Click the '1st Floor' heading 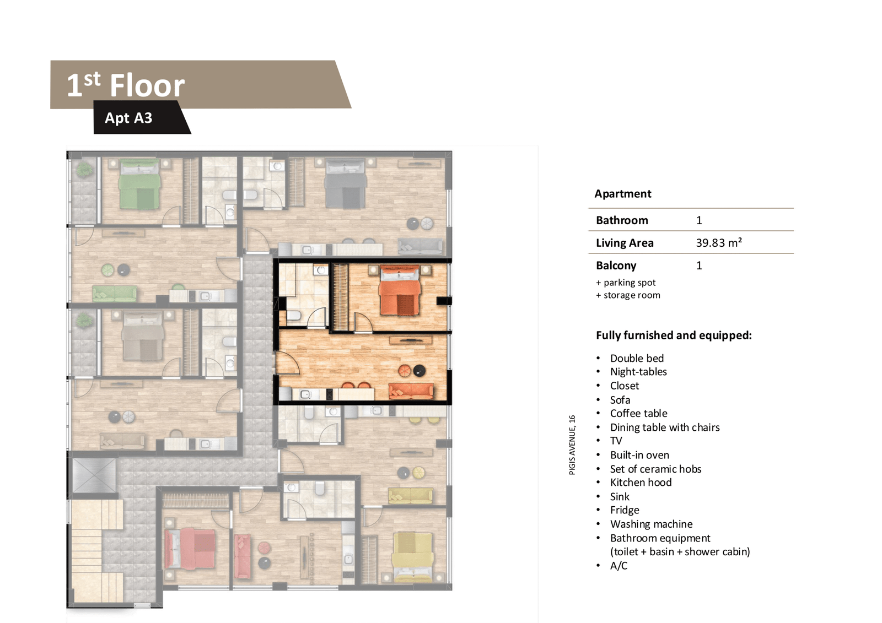click(x=126, y=85)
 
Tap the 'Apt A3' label click(x=128, y=118)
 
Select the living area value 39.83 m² click(x=719, y=242)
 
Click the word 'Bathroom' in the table click(x=622, y=220)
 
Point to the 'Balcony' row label click(x=616, y=266)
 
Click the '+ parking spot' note click(x=626, y=283)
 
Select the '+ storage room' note click(x=628, y=295)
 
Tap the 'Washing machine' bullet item click(x=651, y=524)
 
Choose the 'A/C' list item click(x=619, y=566)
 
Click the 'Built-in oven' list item click(x=639, y=455)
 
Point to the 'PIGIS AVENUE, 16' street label click(x=572, y=445)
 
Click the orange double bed click(x=399, y=290)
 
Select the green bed click(x=140, y=184)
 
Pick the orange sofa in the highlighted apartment click(x=411, y=391)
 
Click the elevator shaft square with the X click(x=94, y=475)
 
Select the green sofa click(x=115, y=294)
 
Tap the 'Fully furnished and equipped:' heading click(x=674, y=335)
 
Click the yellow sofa click(x=411, y=496)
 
